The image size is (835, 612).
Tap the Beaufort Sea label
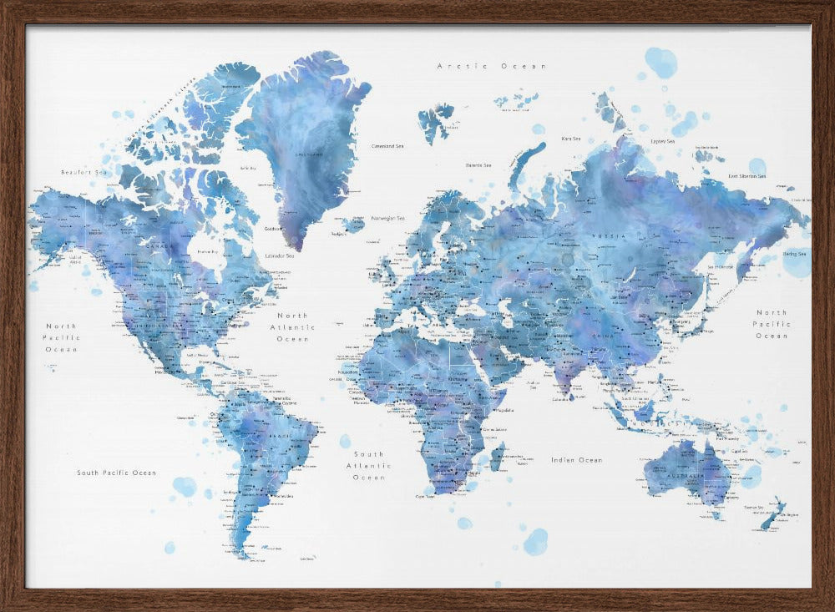tap(83, 172)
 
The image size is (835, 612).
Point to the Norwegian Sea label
tap(387, 219)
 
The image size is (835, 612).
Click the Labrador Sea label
tap(278, 255)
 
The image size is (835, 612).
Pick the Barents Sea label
tap(478, 165)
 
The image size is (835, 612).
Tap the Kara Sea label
tap(571, 139)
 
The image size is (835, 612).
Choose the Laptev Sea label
tap(662, 141)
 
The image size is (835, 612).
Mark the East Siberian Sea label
tap(747, 176)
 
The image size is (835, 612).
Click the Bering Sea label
tap(794, 253)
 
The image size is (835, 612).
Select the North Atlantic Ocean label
tap(292, 327)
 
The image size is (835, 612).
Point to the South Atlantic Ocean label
tap(368, 466)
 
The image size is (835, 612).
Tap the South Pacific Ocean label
tap(116, 473)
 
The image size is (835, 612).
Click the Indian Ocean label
tap(576, 460)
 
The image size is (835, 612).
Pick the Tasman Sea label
tap(754, 507)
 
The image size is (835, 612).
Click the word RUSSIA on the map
tap(605, 235)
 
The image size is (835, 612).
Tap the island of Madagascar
tap(498, 458)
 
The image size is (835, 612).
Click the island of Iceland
tap(353, 224)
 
